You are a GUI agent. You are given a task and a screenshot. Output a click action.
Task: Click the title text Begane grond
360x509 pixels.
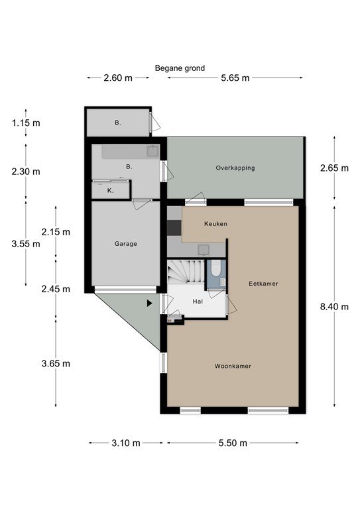(x=180, y=68)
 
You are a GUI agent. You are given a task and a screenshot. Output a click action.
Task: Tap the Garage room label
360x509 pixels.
(x=125, y=244)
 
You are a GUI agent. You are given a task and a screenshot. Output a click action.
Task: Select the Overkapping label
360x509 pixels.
(x=235, y=168)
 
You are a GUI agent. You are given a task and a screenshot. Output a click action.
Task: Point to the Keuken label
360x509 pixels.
(x=215, y=223)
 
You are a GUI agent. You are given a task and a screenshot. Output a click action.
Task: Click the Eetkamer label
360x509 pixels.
(x=263, y=284)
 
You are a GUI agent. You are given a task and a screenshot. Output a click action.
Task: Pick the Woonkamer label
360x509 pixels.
(x=233, y=366)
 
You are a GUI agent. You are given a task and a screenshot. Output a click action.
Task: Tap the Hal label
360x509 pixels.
(x=198, y=302)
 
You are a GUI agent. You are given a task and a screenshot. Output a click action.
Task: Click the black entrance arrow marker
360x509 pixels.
(x=149, y=303)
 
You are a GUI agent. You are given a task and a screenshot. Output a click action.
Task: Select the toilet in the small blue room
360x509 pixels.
(x=215, y=269)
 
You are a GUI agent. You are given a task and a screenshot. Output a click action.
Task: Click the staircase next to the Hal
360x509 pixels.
(x=186, y=271)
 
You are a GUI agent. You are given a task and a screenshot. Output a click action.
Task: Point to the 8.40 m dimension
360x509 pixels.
(x=334, y=306)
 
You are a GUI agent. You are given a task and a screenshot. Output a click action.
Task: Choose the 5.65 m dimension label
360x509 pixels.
(x=235, y=78)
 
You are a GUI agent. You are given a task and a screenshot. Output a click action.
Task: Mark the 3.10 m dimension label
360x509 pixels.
(x=126, y=443)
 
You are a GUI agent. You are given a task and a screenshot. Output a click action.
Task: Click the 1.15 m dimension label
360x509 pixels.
(x=26, y=123)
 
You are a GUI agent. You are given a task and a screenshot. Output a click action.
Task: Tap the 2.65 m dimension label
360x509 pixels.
(x=334, y=168)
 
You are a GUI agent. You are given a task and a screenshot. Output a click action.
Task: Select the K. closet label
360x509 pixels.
(x=110, y=191)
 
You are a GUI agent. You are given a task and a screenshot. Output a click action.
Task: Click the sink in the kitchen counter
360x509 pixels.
(x=204, y=249)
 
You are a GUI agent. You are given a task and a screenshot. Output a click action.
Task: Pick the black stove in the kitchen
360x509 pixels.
(x=174, y=227)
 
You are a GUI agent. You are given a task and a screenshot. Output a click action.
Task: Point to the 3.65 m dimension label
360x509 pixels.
(x=56, y=363)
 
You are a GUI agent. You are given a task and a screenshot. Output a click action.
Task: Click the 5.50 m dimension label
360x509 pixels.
(x=233, y=443)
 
